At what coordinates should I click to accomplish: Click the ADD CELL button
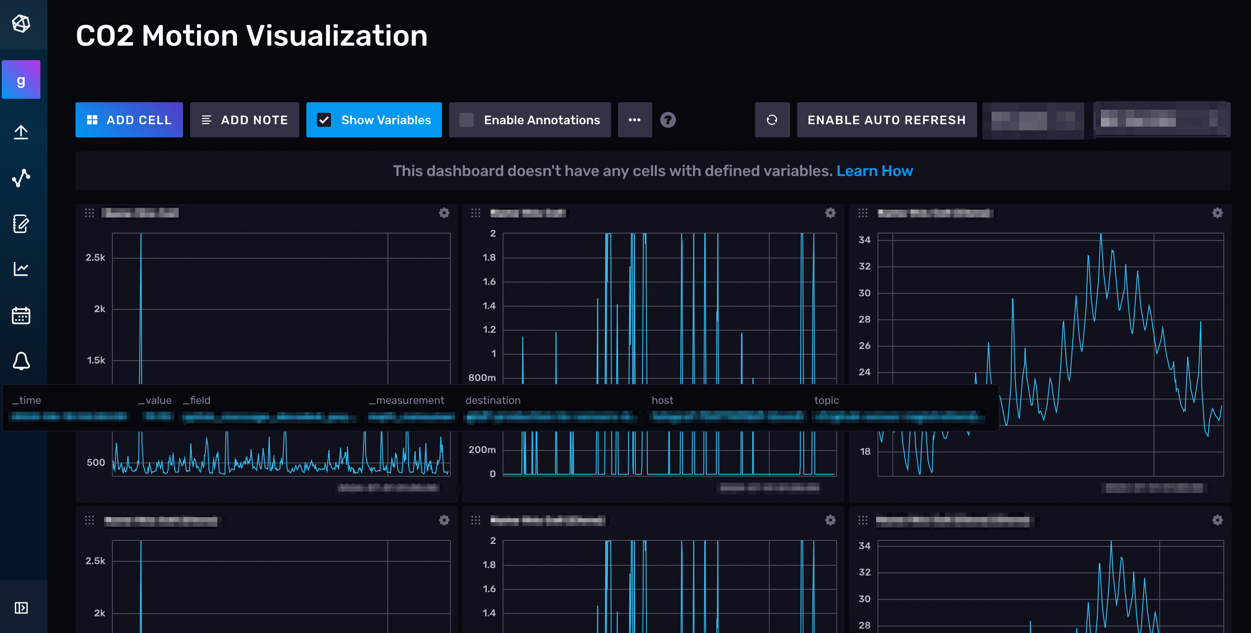point(129,120)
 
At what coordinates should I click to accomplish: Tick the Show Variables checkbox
point(324,120)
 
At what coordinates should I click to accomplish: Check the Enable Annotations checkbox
point(467,120)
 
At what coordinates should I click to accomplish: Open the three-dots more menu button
point(634,120)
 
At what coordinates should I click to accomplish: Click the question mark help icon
point(668,120)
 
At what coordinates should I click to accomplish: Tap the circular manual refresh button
point(772,120)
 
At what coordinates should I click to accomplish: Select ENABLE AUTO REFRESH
point(886,120)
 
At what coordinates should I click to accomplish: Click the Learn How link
point(874,171)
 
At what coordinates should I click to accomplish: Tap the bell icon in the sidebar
point(21,361)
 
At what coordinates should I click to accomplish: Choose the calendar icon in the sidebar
point(21,315)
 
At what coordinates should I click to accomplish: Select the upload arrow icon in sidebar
point(21,132)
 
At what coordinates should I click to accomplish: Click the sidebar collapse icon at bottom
point(21,608)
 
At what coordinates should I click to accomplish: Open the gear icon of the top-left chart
point(444,213)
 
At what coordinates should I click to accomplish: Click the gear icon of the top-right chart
point(1217,213)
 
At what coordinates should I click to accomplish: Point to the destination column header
point(492,400)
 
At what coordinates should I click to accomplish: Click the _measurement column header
point(406,400)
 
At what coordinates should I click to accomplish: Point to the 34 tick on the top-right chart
point(864,240)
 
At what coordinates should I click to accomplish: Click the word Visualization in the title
point(337,36)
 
